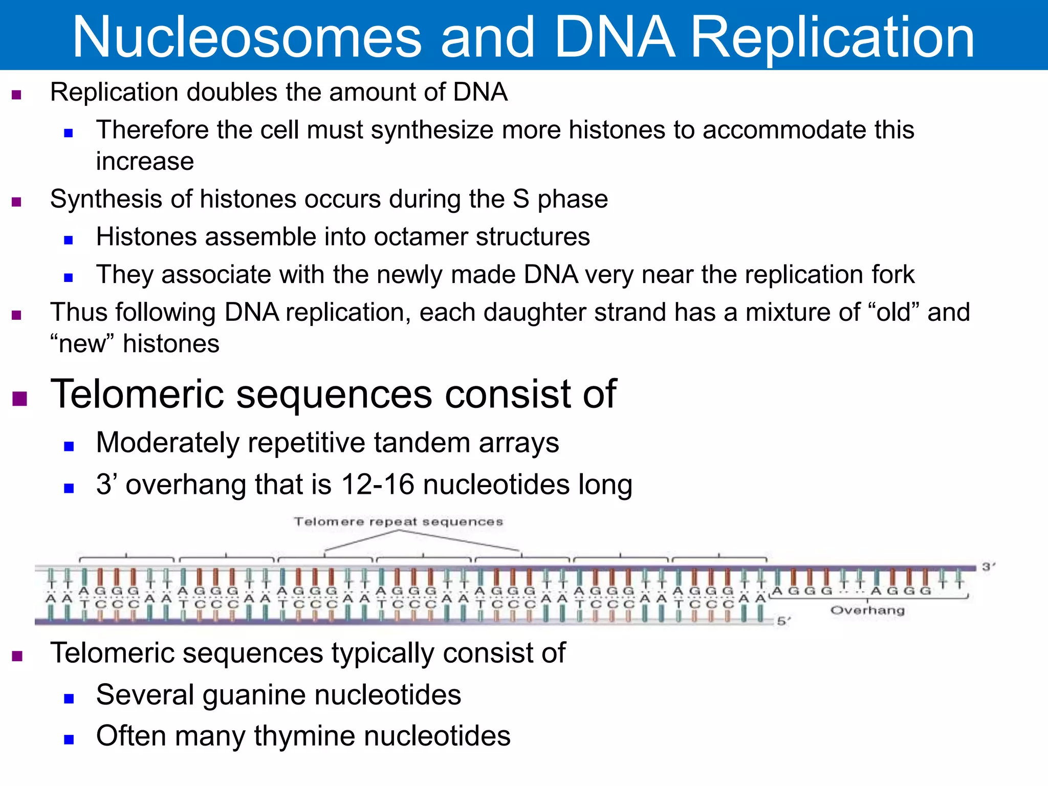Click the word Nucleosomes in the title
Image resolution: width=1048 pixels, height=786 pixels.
[247, 37]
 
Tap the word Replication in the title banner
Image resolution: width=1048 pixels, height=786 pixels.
[832, 37]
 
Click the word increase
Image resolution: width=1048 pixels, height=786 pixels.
[145, 162]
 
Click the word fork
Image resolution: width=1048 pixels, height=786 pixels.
[893, 275]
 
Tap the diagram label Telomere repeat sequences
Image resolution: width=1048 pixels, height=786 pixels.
[398, 521]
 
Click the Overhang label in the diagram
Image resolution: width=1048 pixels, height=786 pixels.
[867, 610]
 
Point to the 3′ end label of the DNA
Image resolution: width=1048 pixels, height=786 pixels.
[988, 566]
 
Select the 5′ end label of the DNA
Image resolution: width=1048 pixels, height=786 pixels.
[783, 621]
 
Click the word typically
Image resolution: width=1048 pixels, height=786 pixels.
[383, 653]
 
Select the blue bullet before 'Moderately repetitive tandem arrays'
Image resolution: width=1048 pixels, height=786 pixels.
[69, 446]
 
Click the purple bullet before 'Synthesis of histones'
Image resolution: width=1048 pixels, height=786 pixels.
[16, 202]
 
